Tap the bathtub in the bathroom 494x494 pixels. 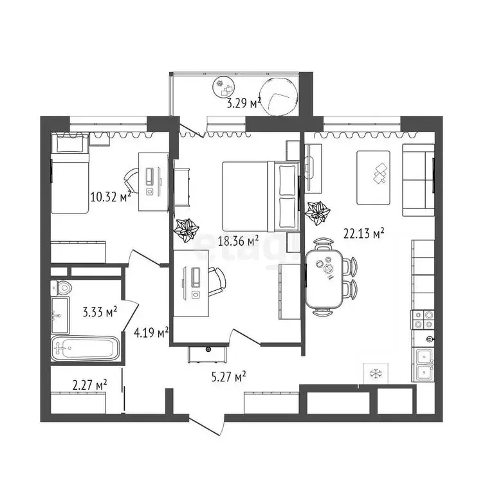pos(84,349)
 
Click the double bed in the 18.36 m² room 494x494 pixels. pos(260,196)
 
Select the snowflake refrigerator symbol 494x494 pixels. pos(373,373)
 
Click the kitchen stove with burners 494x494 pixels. pos(423,319)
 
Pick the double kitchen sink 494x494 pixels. pos(423,364)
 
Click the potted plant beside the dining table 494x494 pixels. pos(318,212)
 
